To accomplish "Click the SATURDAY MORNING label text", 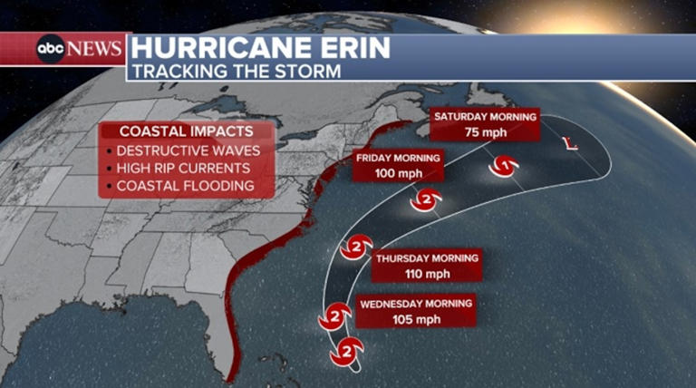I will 485,117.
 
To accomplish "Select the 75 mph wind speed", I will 485,131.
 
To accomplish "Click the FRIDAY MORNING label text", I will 398,158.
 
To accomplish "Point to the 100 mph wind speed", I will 398,172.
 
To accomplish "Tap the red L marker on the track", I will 570,143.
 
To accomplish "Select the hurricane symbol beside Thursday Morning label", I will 356,247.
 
